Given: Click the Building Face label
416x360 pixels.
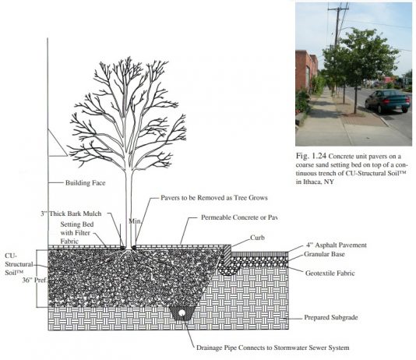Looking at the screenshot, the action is (85, 183).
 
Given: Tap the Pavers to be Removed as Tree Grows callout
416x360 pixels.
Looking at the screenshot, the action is (214, 198).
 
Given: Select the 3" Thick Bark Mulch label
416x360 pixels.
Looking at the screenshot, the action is (71, 214).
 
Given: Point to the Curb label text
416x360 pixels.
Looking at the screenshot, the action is (257, 238).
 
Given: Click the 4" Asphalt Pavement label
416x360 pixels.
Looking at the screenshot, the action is (337, 245).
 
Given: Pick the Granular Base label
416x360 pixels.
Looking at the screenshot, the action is (324, 254).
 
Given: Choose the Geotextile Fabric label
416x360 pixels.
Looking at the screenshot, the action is (330, 273).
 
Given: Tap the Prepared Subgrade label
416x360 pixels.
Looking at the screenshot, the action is (331, 317).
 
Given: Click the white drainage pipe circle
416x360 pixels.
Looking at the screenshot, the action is (182, 313).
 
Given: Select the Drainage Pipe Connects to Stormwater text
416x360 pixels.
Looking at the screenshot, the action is (273, 348).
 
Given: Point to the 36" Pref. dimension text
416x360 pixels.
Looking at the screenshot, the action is (34, 281).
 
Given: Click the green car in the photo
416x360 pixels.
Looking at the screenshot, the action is (387, 101).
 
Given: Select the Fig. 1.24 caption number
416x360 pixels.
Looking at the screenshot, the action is (311, 156).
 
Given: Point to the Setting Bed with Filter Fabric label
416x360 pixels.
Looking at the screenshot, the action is (77, 233).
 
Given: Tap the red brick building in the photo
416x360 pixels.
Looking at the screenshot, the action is (306, 70).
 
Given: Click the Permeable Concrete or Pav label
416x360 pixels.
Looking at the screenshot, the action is (239, 217).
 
